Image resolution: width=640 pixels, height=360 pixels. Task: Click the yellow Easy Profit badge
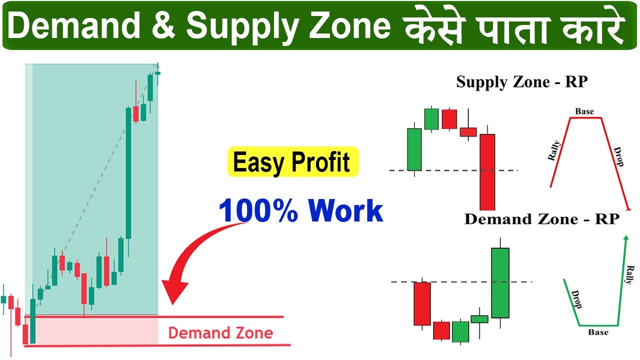pos(293,162)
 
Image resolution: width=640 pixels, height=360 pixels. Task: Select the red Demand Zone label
pos(220,333)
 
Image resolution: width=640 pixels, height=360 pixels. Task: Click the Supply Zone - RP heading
pos(521,82)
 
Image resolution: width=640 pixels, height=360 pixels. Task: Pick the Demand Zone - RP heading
pos(542,219)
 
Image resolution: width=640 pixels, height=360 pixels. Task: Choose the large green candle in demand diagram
pos(500,283)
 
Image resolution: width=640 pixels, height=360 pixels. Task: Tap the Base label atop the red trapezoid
pos(584,111)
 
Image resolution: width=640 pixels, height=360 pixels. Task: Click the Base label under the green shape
pos(598,332)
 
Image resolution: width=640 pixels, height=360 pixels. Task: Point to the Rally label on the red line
pos(554,151)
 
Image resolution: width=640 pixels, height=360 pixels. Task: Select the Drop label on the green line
pos(576,299)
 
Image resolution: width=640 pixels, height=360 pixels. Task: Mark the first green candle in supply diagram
pos(414,149)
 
